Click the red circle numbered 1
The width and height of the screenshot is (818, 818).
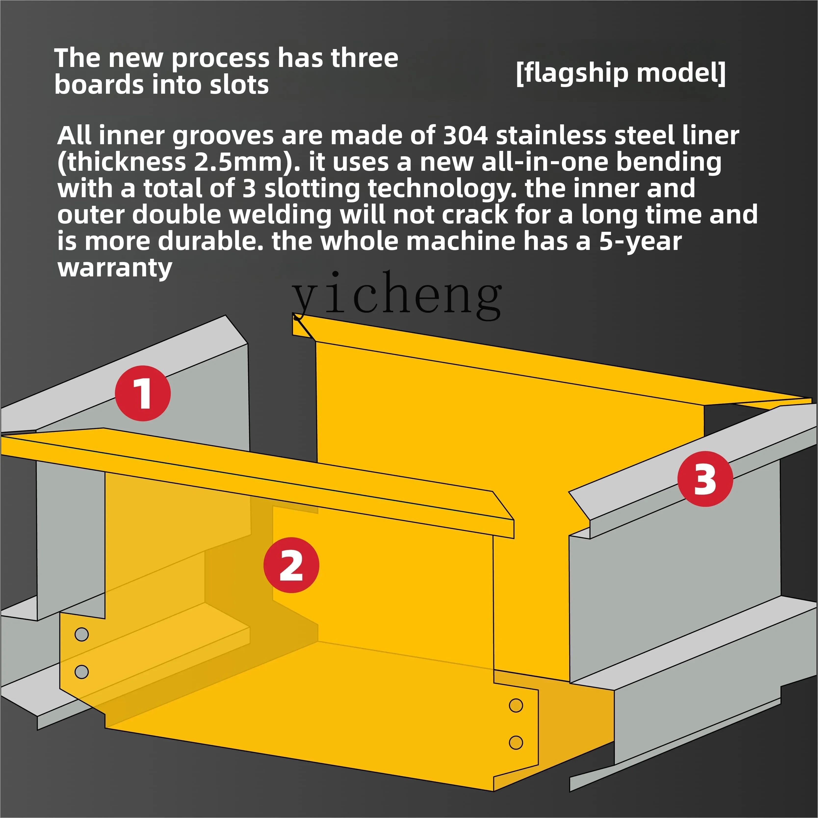click(x=143, y=393)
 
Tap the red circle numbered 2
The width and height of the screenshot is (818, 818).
click(x=291, y=565)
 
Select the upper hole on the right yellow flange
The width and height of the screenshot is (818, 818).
click(x=516, y=705)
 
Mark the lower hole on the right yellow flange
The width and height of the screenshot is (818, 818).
click(x=516, y=742)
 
